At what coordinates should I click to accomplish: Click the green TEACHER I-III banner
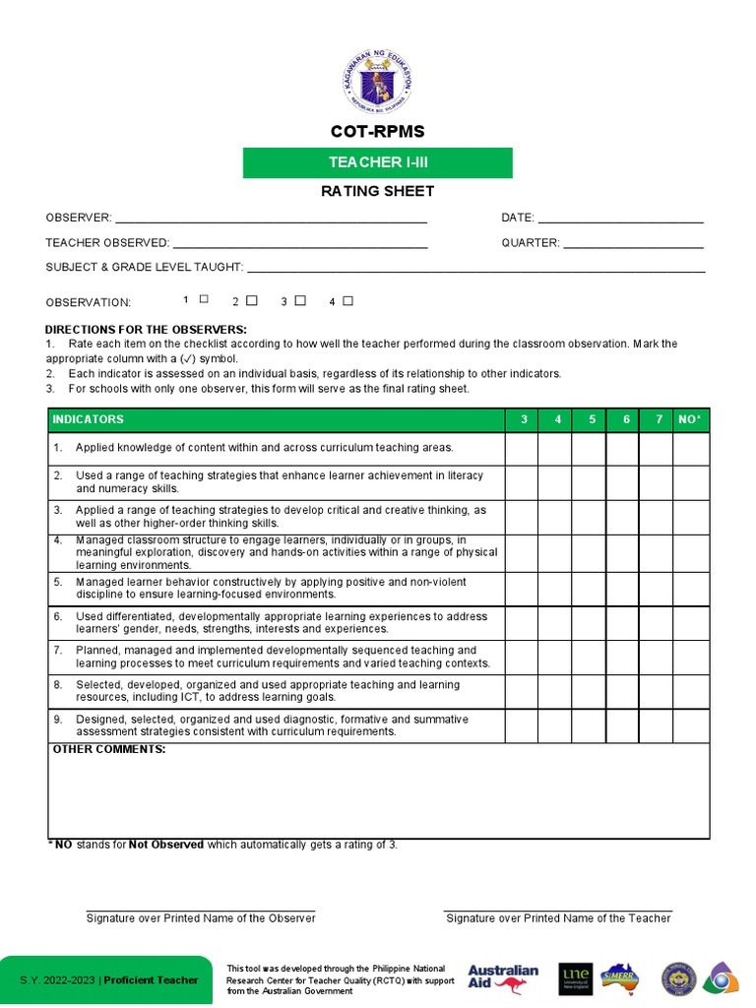click(377, 163)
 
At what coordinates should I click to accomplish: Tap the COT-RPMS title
click(377, 132)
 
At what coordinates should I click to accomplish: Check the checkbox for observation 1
click(204, 299)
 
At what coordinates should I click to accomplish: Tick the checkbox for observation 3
click(300, 300)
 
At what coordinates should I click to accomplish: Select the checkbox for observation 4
click(347, 301)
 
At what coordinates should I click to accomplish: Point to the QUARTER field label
click(530, 243)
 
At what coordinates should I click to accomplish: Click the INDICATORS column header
click(89, 420)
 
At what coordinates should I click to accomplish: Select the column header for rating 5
click(591, 420)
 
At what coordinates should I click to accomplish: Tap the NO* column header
click(690, 420)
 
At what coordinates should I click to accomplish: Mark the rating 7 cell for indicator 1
click(657, 448)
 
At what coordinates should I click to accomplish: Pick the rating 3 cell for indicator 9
click(523, 725)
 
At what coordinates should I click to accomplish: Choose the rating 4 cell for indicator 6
click(556, 622)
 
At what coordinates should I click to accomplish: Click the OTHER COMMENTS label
click(108, 750)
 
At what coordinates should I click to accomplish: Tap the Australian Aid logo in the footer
click(503, 978)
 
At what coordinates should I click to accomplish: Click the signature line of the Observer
click(201, 910)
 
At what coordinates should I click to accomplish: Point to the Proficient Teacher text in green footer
click(151, 980)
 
